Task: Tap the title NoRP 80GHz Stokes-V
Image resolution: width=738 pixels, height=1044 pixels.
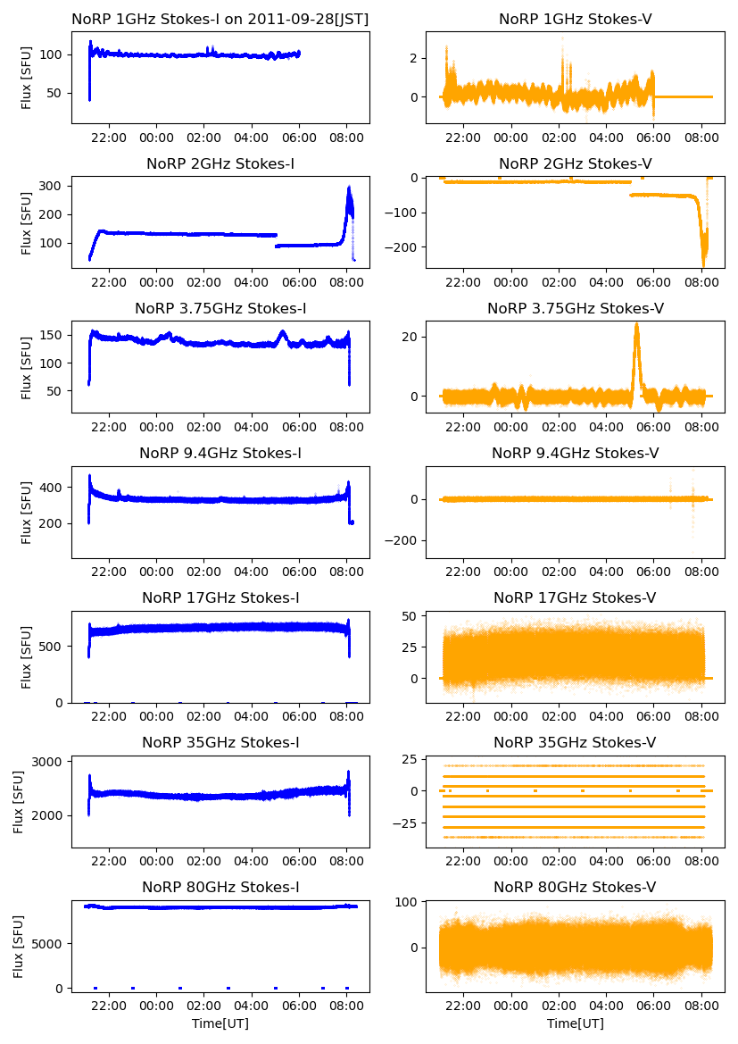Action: pos(575,887)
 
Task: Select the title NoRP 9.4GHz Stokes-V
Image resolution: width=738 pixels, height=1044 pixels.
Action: pos(575,453)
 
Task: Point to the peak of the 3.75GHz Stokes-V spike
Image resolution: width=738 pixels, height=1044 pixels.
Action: pos(636,323)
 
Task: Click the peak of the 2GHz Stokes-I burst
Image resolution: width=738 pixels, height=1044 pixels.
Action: pos(349,188)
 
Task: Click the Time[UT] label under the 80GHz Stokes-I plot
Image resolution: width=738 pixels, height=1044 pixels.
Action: pos(220,1023)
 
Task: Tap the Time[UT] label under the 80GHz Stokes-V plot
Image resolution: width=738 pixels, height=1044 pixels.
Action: pos(575,1023)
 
